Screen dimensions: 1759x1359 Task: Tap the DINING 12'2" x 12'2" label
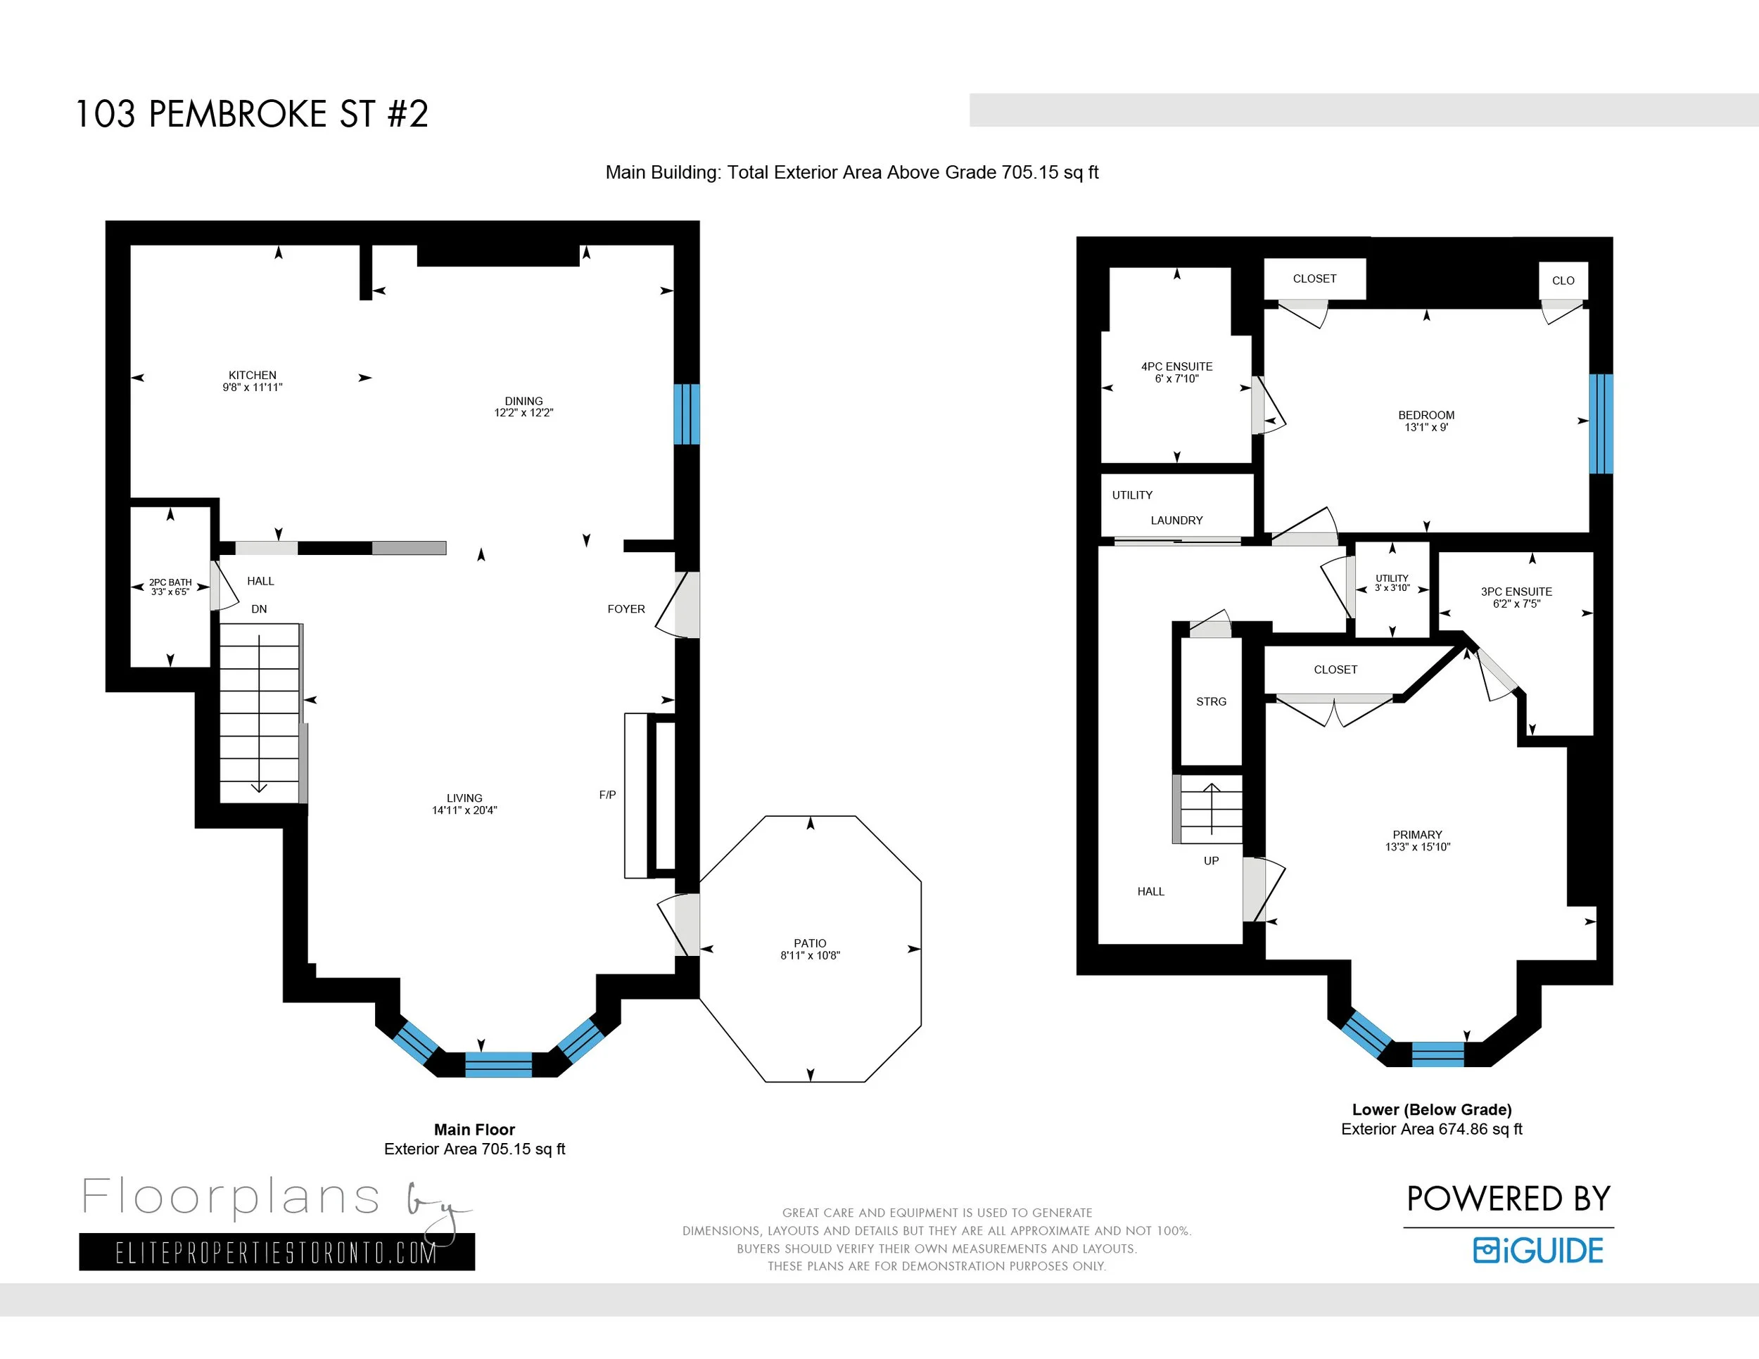(523, 407)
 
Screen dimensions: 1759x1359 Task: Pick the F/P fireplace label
(607, 795)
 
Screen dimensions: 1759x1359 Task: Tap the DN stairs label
(258, 608)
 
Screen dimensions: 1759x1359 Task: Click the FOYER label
(626, 608)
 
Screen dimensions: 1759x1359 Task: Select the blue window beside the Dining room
(686, 414)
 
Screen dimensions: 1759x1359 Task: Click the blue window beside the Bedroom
(1600, 423)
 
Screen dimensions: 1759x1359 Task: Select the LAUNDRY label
(1176, 520)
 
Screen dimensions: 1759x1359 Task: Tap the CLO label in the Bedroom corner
(1563, 280)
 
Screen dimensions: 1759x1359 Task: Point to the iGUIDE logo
(1538, 1250)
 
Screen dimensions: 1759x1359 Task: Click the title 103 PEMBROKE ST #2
(251, 113)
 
